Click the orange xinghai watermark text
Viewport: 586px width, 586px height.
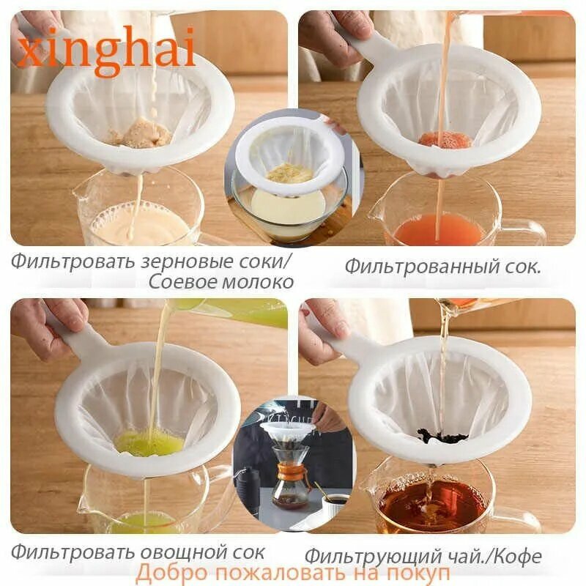(x=106, y=51)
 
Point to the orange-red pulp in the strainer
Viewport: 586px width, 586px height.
(x=445, y=139)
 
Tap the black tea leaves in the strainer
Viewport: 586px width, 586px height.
(x=442, y=437)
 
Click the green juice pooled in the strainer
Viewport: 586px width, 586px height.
(x=149, y=442)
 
